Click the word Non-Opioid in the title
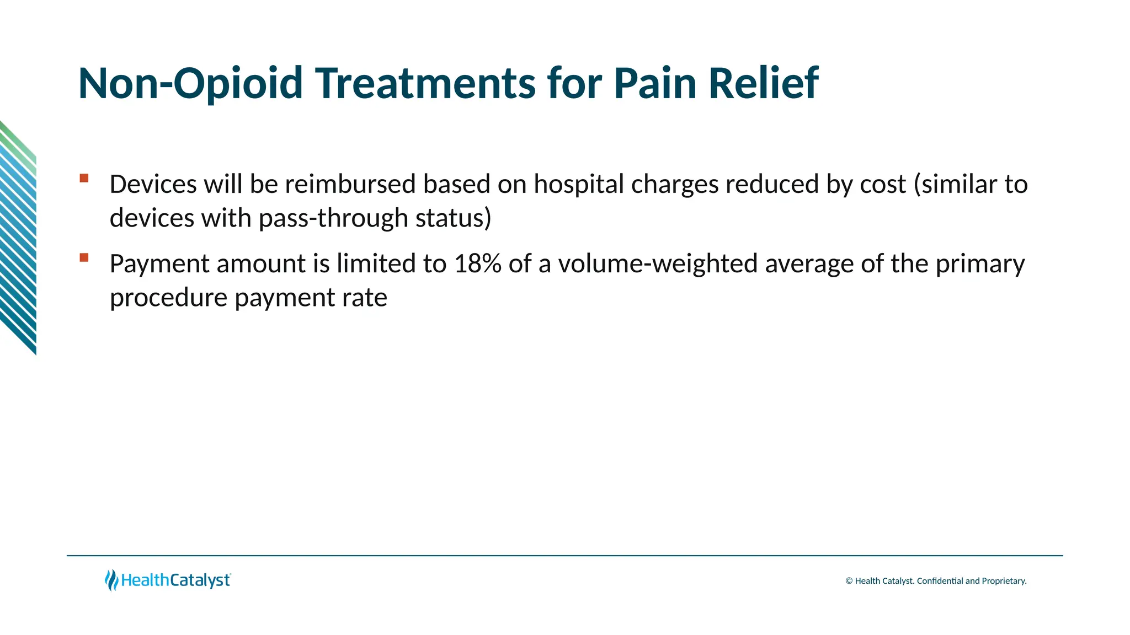190,83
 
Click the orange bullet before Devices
84,178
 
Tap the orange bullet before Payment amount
84,257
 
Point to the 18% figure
477,263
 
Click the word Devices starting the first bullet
153,184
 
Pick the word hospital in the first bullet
579,184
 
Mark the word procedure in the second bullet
168,298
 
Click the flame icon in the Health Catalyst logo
111,580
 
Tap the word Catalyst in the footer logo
200,580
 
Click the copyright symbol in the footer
849,581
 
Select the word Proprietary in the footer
1004,581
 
